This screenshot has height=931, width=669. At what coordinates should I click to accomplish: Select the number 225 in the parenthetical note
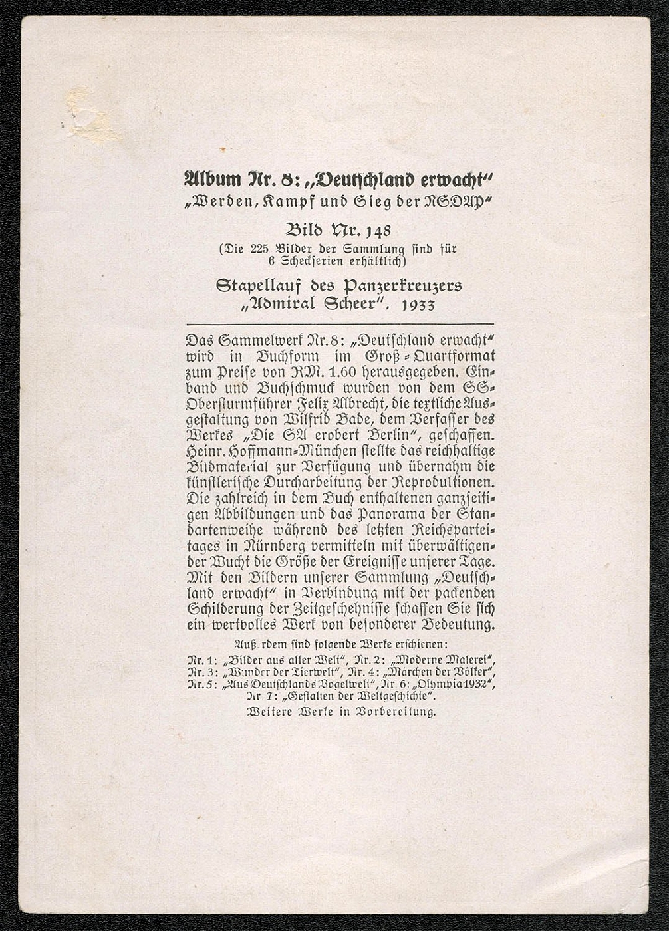(259, 249)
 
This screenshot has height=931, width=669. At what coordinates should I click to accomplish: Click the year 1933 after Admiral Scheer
(418, 305)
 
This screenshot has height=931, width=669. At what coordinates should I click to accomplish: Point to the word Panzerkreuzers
(402, 286)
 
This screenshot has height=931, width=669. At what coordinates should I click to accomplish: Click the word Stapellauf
(275, 286)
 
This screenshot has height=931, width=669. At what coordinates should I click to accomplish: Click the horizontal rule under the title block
(339, 324)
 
